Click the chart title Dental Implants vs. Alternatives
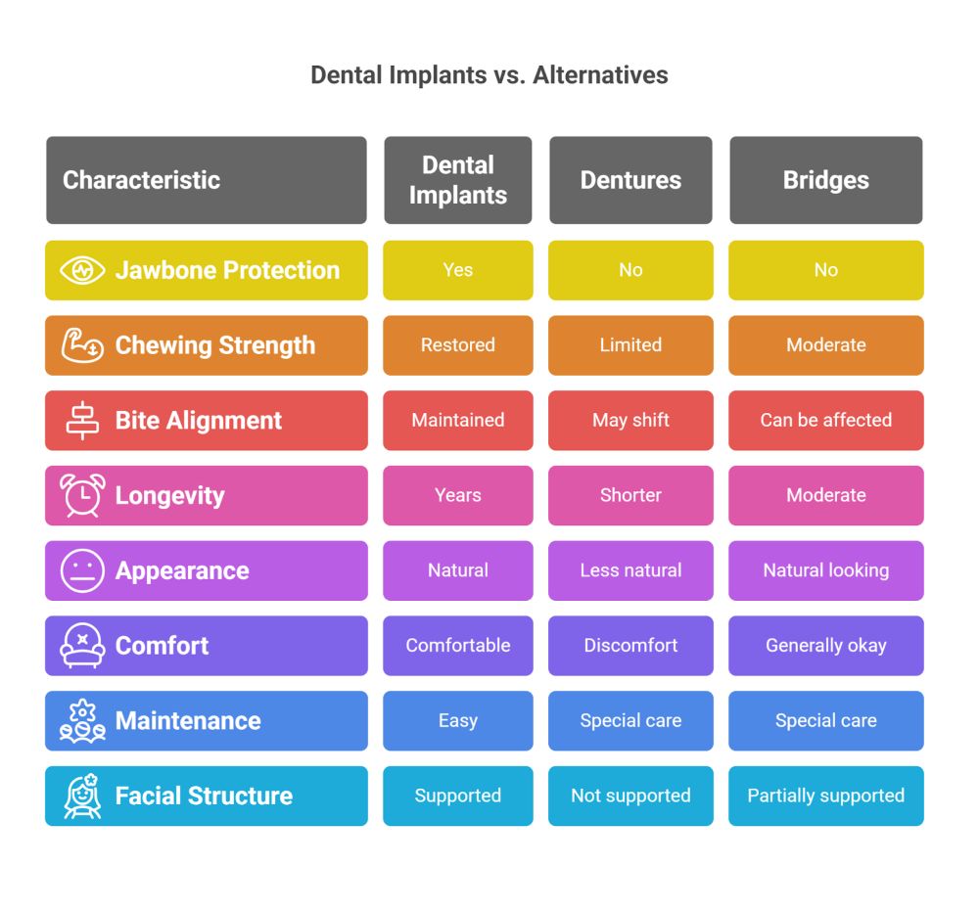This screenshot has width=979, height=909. click(489, 75)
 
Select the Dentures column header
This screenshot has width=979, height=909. click(630, 180)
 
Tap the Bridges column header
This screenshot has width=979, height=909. click(825, 180)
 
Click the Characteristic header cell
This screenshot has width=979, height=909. click(142, 180)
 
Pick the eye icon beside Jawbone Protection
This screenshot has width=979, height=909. click(82, 270)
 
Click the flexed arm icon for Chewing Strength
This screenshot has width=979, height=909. click(82, 344)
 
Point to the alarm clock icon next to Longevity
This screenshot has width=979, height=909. click(82, 494)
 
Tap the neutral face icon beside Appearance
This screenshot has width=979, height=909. click(82, 570)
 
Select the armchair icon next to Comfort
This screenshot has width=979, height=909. click(82, 646)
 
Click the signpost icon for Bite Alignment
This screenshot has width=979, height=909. click(82, 420)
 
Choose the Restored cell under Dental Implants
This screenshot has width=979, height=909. click(457, 345)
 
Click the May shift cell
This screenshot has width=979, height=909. click(630, 421)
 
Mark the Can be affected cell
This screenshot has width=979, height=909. click(825, 421)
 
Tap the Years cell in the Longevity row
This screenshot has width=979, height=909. click(457, 495)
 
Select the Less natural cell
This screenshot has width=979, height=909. click(630, 570)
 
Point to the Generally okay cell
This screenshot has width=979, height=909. click(825, 646)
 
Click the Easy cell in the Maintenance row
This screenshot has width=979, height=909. click(457, 721)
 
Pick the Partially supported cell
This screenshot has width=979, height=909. click(825, 796)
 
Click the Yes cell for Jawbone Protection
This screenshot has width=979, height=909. click(457, 270)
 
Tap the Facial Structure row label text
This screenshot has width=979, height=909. click(204, 796)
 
